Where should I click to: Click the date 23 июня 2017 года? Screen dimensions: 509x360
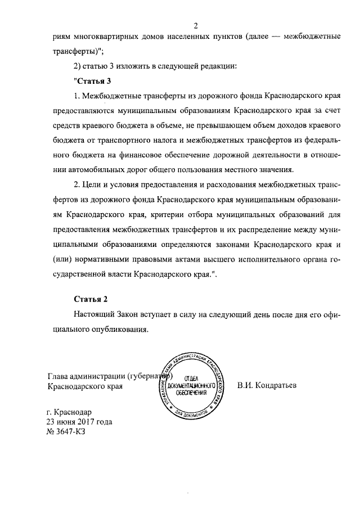pos(80,422)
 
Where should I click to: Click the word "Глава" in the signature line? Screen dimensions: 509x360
pos(59,376)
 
